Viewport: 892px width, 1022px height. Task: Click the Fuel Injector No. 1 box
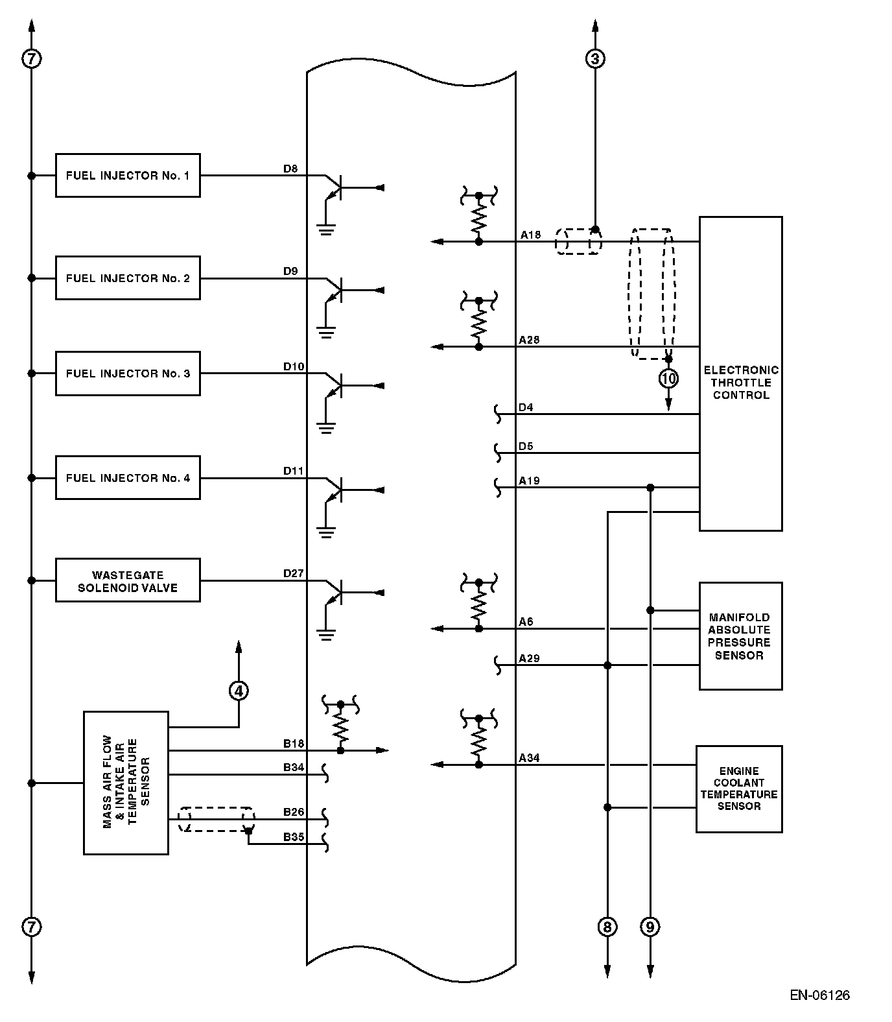128,175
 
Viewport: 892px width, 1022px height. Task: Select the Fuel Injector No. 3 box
128,374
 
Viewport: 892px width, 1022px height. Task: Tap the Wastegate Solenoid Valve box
128,580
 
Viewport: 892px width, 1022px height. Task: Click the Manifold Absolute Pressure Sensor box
740,636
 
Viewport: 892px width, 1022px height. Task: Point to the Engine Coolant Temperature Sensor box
738,789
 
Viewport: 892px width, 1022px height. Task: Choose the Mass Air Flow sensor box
126,783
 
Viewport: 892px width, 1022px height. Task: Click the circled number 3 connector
595,59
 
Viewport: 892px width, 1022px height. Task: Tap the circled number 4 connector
239,691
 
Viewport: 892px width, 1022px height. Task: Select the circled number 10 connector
668,377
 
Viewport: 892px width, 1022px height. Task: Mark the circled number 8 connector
607,927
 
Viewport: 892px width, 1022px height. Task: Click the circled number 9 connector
650,927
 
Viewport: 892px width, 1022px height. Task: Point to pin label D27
293,573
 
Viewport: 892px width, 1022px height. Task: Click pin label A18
530,235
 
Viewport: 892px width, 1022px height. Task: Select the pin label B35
293,837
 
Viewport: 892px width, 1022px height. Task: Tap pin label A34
529,757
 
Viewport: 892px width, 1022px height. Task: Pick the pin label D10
293,366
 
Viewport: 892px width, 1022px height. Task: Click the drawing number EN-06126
819,995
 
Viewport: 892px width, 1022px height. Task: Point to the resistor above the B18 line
341,728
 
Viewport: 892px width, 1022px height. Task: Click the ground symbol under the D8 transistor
326,229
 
